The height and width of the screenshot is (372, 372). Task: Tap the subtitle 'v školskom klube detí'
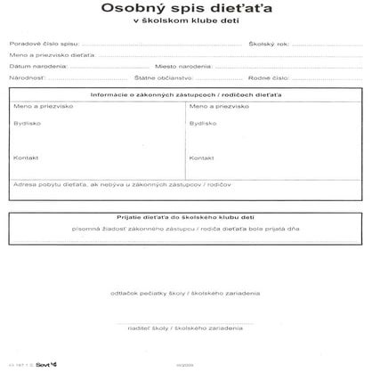point(186,28)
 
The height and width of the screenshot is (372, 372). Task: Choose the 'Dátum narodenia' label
point(31,67)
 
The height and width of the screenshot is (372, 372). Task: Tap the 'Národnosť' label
point(26,78)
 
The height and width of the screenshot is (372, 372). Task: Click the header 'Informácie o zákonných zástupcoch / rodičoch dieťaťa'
point(186,94)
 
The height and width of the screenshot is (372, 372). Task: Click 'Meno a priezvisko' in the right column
point(212,106)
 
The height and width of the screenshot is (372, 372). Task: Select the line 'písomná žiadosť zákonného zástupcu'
point(186,229)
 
